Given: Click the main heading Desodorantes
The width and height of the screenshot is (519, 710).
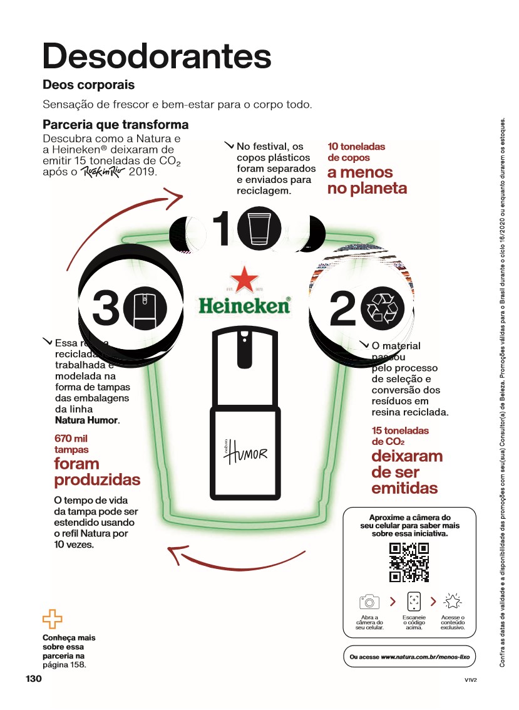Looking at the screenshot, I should (157, 56).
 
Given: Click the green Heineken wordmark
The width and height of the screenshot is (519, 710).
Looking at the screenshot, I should (244, 306).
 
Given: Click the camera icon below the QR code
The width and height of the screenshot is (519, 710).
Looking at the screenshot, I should (369, 602).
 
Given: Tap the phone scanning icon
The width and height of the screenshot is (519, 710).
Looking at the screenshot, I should (414, 602).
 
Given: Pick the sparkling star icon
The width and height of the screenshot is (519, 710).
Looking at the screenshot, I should (452, 602).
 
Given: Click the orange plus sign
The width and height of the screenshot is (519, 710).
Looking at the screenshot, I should (53, 619).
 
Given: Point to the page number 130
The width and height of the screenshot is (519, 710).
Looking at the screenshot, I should (33, 679).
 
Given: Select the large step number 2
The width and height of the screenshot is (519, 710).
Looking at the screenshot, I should (342, 310).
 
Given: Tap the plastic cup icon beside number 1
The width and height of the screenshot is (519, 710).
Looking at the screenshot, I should (258, 230).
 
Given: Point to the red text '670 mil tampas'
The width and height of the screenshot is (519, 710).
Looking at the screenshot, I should (72, 444).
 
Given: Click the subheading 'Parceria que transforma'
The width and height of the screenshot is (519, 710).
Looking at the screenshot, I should (115, 125).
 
